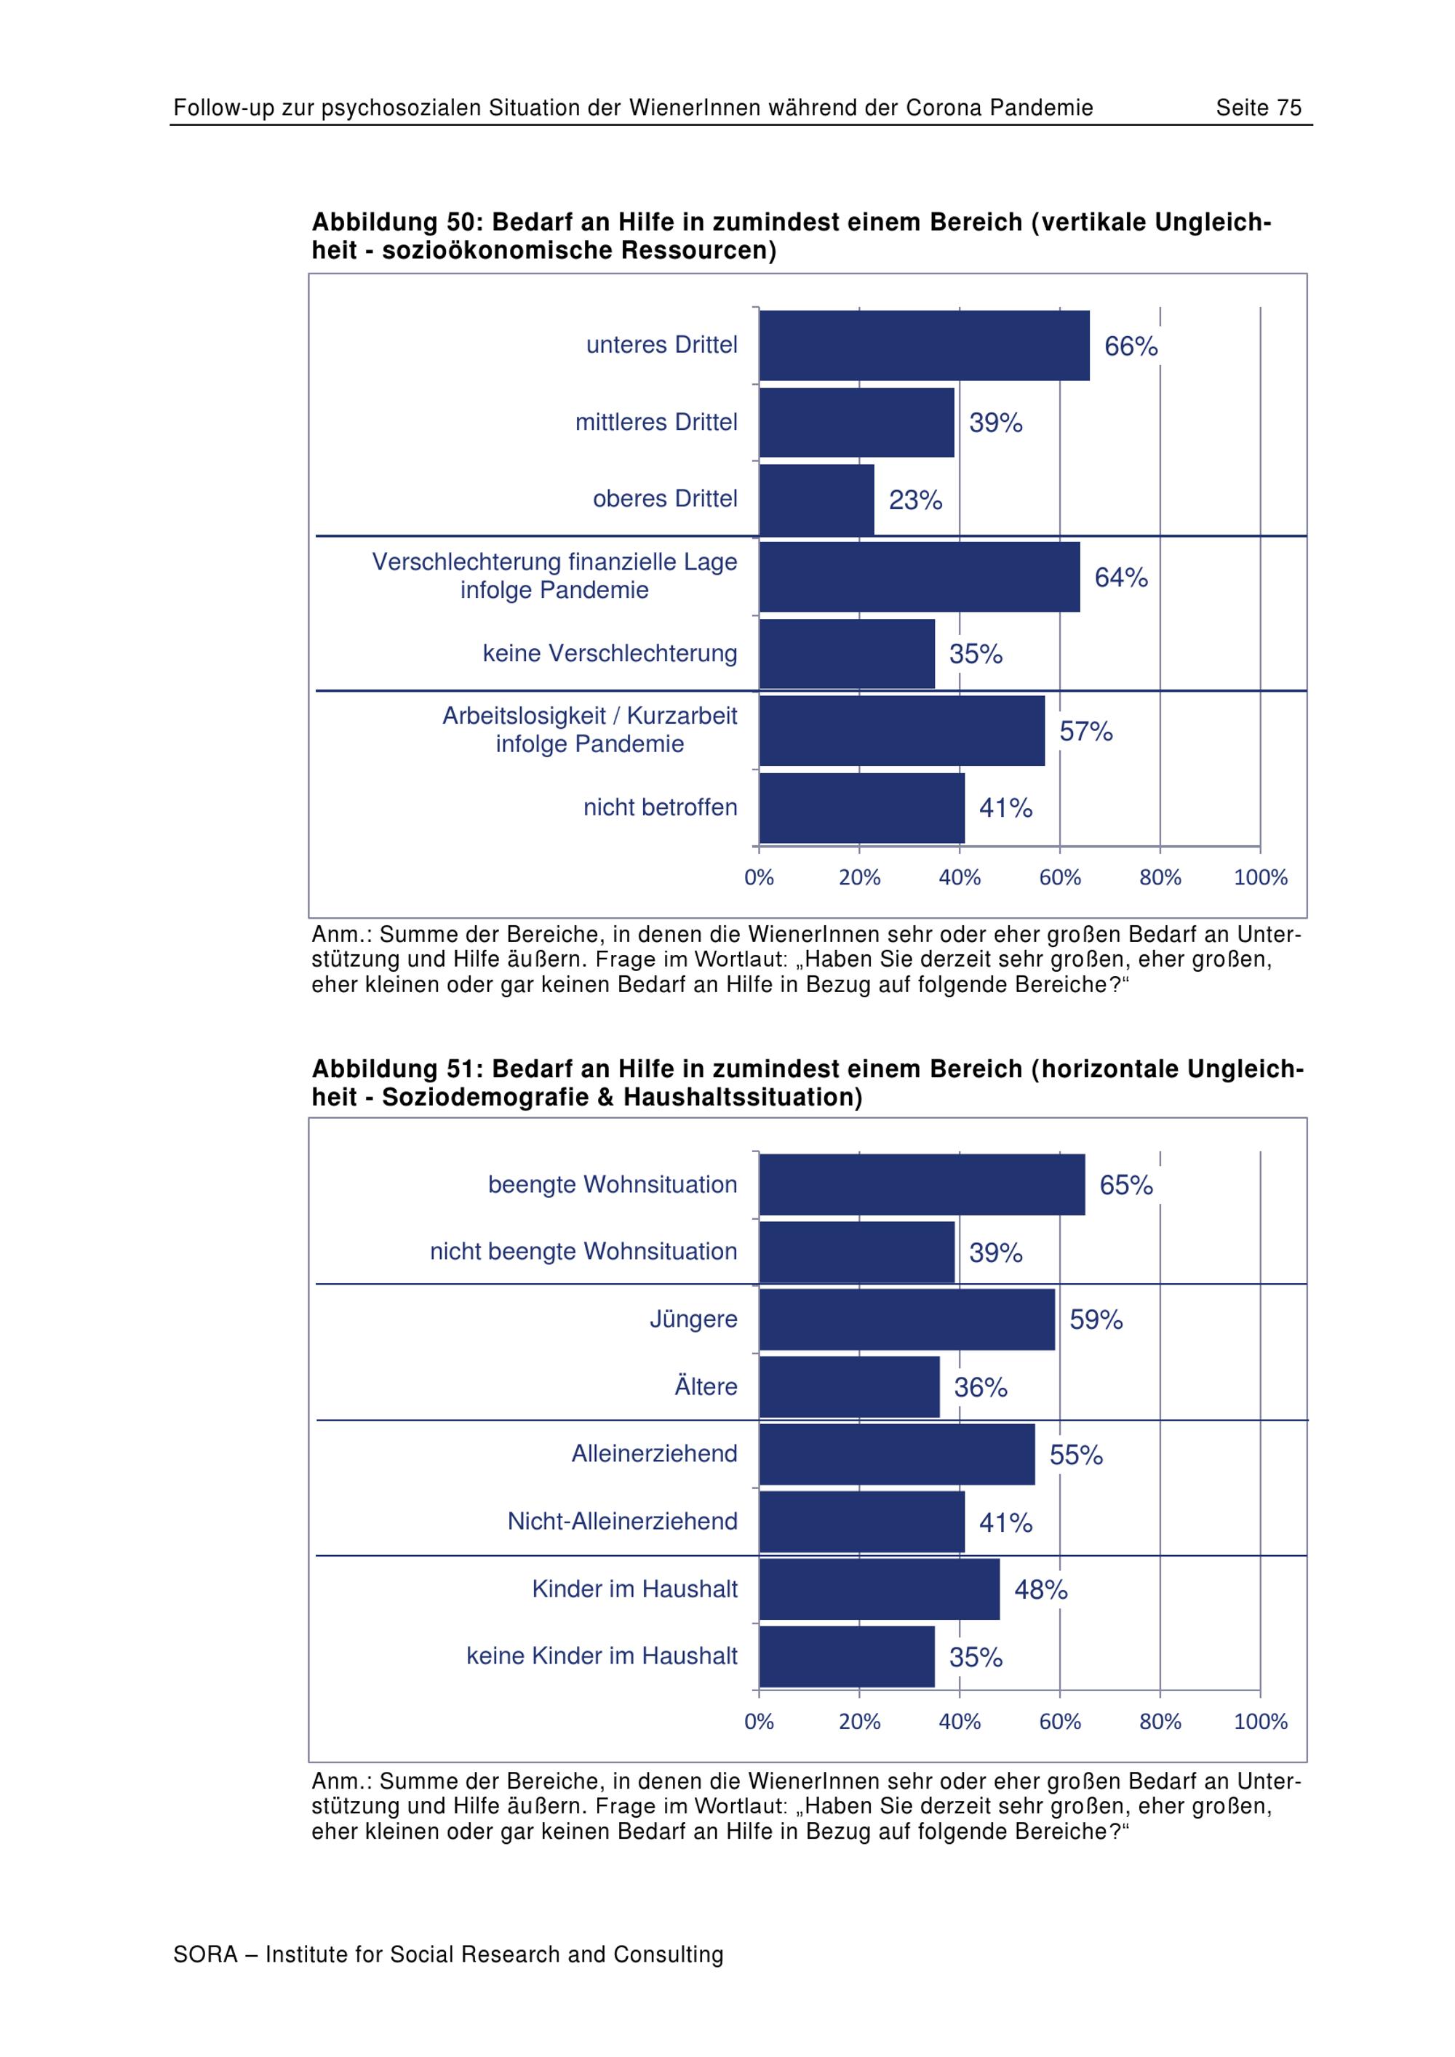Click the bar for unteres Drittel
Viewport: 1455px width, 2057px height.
925,346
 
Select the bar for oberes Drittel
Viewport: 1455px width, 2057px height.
817,500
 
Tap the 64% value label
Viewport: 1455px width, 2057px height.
1121,578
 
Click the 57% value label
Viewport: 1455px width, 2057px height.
1086,732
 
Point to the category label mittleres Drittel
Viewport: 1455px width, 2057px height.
655,422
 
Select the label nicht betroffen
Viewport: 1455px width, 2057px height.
661,807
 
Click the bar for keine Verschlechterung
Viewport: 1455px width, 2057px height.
848,654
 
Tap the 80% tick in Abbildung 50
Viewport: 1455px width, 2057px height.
1160,878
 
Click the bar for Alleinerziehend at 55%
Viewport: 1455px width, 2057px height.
897,1455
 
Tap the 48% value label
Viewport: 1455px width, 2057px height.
1040,1590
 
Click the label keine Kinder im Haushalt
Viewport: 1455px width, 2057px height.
602,1656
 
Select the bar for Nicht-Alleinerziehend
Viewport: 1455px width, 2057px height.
862,1522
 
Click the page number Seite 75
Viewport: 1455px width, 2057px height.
1258,108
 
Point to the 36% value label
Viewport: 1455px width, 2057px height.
980,1388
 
